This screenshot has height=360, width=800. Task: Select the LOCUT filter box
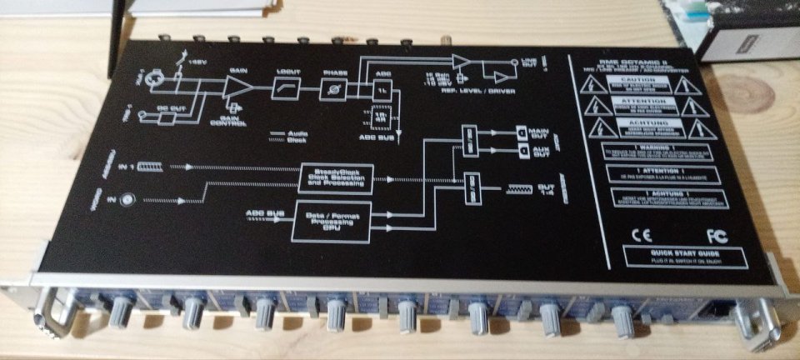287,86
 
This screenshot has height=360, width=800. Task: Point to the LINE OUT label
531,64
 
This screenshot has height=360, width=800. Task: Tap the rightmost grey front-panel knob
622,317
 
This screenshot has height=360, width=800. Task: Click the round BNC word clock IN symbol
127,199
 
